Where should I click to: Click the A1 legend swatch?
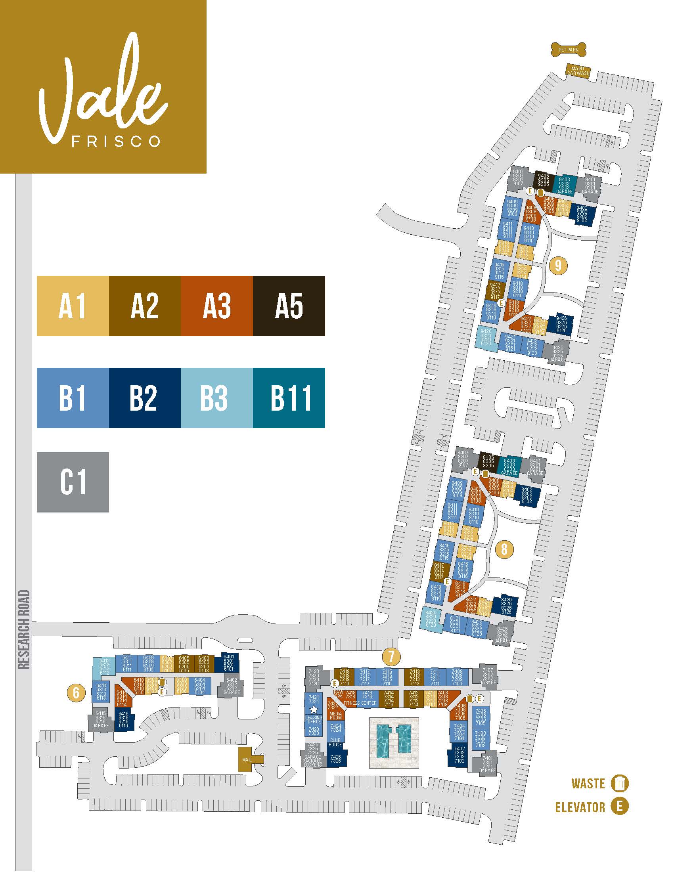coord(73,306)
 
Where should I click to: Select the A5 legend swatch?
coord(289,306)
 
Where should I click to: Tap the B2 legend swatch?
coord(145,398)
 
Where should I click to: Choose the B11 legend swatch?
coord(289,398)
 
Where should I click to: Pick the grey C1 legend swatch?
coord(73,482)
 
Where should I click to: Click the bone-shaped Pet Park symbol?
coord(568,50)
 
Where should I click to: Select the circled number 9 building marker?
coord(558,265)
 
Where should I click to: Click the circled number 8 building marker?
coord(504,549)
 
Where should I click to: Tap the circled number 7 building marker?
coord(391,656)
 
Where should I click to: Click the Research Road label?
coord(24,629)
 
